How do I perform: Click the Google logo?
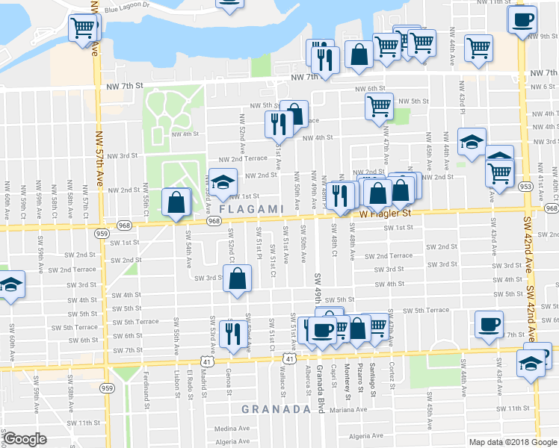[x=25, y=439]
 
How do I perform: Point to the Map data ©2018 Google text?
[x=513, y=442]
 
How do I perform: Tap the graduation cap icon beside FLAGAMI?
[x=222, y=181]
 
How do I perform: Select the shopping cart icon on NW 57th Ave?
[x=83, y=29]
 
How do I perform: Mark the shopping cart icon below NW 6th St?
[x=379, y=106]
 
